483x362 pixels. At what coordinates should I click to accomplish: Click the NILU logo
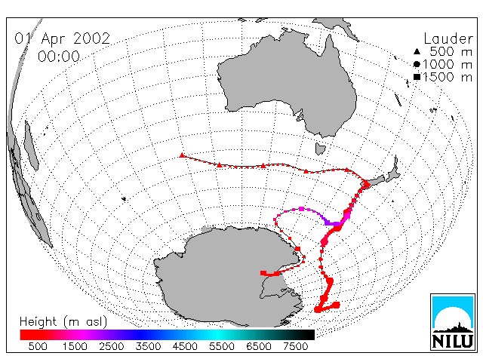(453, 322)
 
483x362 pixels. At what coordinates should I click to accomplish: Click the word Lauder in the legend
(448, 38)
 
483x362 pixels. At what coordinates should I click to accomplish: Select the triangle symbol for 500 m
(417, 51)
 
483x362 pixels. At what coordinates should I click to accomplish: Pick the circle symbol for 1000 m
(417, 64)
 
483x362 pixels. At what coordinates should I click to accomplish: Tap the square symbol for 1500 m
(417, 77)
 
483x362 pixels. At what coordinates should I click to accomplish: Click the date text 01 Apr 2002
(62, 38)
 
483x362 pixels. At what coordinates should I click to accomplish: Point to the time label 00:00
(59, 57)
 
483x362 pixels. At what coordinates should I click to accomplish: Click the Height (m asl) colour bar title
(63, 322)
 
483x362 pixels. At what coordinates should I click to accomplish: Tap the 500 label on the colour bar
(38, 346)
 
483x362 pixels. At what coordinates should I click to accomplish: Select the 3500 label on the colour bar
(148, 346)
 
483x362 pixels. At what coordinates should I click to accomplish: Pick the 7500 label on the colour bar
(295, 346)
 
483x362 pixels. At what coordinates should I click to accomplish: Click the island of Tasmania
(320, 149)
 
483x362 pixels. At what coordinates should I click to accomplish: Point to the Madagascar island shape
(31, 146)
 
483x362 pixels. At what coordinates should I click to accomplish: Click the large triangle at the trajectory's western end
(182, 155)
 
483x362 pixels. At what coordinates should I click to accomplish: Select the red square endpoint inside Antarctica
(263, 273)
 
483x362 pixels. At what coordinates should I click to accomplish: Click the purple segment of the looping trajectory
(331, 222)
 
